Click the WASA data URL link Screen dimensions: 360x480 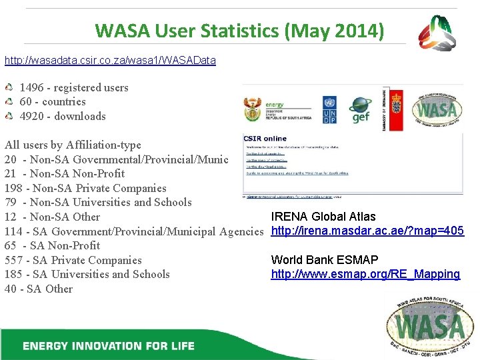pyautogui.click(x=110, y=61)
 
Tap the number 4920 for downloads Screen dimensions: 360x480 pyautogui.click(x=31, y=116)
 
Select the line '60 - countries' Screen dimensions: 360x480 pyautogui.click(x=53, y=101)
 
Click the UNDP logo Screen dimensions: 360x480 pyautogui.click(x=329, y=108)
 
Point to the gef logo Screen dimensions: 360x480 pyautogui.click(x=360, y=109)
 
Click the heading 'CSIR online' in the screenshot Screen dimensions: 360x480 pyautogui.click(x=265, y=138)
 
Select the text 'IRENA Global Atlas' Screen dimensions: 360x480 pyautogui.click(x=323, y=217)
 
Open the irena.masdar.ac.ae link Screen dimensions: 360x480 pyautogui.click(x=367, y=231)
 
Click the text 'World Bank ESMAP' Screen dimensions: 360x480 pyautogui.click(x=325, y=260)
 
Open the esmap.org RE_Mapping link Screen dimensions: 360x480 pyautogui.click(x=365, y=274)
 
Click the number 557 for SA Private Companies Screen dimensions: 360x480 pyautogui.click(x=13, y=260)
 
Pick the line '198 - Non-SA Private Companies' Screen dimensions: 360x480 pyautogui.click(x=85, y=188)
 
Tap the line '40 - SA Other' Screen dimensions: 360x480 pyautogui.click(x=39, y=289)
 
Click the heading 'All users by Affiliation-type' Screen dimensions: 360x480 pyautogui.click(x=73, y=145)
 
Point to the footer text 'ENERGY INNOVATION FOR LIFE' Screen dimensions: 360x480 pyautogui.click(x=109, y=346)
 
